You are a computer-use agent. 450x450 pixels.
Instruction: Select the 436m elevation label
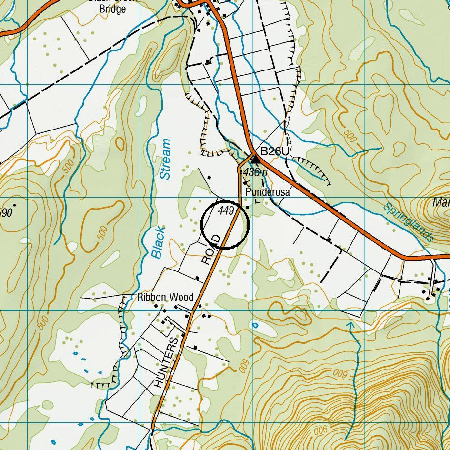point(255,172)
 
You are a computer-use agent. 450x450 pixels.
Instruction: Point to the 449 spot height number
point(226,210)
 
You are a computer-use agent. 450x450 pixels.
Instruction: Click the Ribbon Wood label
point(165,298)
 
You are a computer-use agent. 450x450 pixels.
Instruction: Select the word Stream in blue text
point(165,159)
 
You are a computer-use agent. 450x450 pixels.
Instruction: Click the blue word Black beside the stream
point(158,242)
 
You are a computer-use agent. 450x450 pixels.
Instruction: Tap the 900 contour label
point(321,430)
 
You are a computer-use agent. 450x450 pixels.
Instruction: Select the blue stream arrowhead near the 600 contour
point(350,325)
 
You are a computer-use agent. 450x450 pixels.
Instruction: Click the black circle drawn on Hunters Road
point(225,225)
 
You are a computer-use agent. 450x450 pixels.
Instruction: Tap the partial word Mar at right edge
point(441,202)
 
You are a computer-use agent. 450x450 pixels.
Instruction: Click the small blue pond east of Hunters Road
point(255,326)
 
